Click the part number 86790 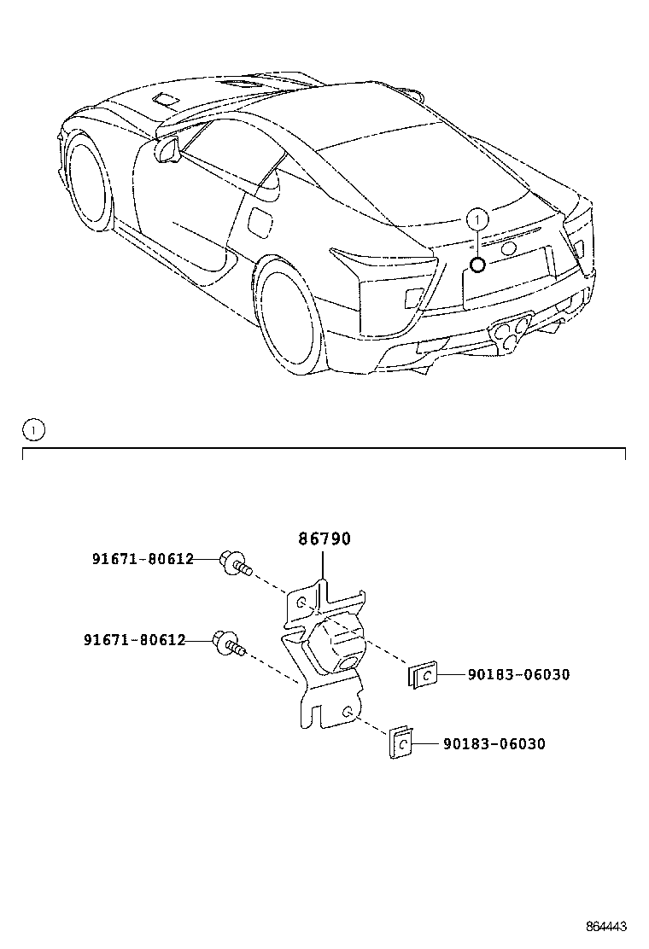(324, 539)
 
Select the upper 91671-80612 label (143, 559)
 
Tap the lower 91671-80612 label (134, 639)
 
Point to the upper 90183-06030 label (518, 674)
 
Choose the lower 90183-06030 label (494, 744)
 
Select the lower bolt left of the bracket (228, 644)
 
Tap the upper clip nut (423, 676)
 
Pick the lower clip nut (401, 743)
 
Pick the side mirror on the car (168, 151)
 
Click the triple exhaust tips (511, 331)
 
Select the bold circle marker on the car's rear (478, 264)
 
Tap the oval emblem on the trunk (510, 248)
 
